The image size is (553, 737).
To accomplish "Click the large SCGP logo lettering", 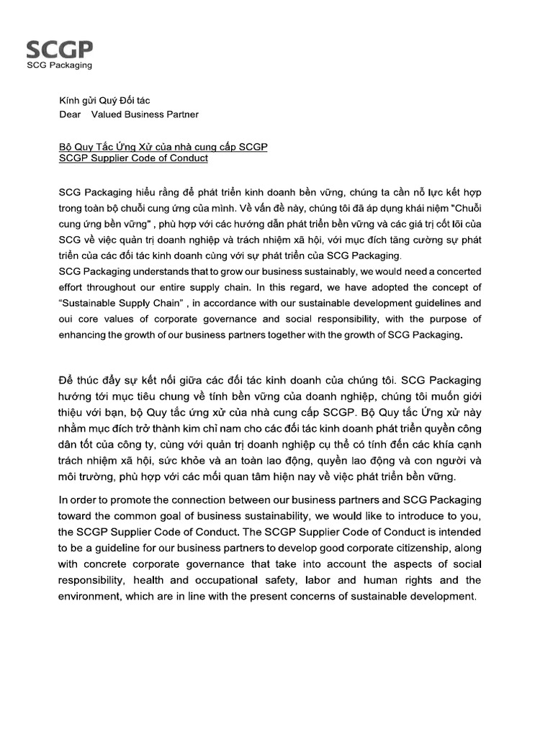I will (x=60, y=49).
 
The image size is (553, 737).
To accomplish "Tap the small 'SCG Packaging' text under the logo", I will (x=59, y=65).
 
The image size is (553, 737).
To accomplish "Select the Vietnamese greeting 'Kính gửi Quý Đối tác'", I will (x=104, y=101).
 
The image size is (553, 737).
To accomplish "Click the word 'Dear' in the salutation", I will (x=70, y=114).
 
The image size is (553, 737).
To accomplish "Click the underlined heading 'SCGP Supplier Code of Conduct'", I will (x=133, y=158).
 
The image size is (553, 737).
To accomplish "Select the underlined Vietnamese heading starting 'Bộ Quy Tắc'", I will (x=163, y=146).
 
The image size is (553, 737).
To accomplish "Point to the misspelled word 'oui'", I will (x=67, y=319).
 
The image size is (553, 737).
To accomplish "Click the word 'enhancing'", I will (x=81, y=335).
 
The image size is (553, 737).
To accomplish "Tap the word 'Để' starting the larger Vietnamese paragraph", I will (x=67, y=379).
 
